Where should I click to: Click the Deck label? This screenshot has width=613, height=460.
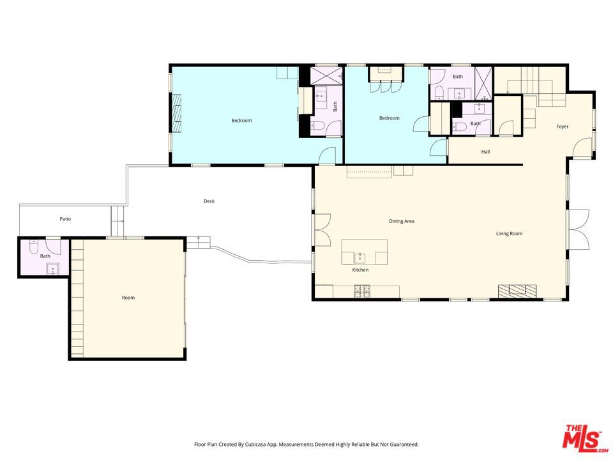coord(209,201)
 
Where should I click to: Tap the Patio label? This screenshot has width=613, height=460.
coord(65,219)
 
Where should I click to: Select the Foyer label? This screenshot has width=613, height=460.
coord(562,126)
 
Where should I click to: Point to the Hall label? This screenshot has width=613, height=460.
coord(485,152)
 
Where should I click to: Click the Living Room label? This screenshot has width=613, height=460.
coord(509,234)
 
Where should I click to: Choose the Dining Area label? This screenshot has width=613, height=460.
coord(402,221)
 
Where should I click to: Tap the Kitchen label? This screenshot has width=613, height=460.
coord(360,270)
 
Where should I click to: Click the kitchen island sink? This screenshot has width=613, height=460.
coord(359,258)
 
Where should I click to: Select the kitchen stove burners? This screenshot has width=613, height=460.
coord(362,291)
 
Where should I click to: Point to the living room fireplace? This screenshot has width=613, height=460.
coord(517,291)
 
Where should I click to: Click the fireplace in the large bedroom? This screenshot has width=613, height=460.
coord(178,114)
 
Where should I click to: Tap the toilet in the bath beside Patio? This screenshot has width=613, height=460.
coord(34,247)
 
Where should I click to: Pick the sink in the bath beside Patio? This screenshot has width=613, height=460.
coord(53,269)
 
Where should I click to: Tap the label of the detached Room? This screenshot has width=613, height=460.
coord(128,298)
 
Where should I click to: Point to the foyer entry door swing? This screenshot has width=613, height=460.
coord(582,148)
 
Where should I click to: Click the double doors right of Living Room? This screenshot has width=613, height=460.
coord(579,229)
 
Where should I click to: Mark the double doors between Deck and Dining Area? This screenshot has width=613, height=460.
coord(322,230)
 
